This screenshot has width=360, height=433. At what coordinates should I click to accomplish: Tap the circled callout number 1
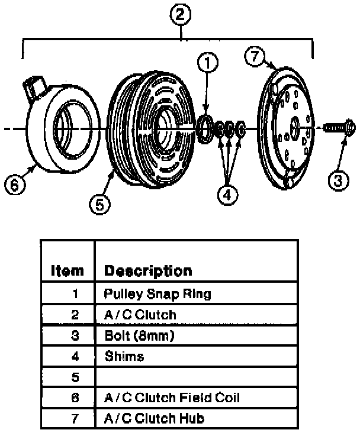point(208,62)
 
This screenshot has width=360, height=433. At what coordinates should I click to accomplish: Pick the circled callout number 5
point(99,204)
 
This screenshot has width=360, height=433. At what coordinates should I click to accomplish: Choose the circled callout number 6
point(14,185)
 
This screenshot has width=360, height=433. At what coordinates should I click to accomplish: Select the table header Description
point(148,271)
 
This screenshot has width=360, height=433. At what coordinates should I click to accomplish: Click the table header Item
point(67,271)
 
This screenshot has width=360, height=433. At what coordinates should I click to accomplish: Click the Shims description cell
point(124,357)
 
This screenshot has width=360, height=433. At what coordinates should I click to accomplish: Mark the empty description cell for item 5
point(195,377)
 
